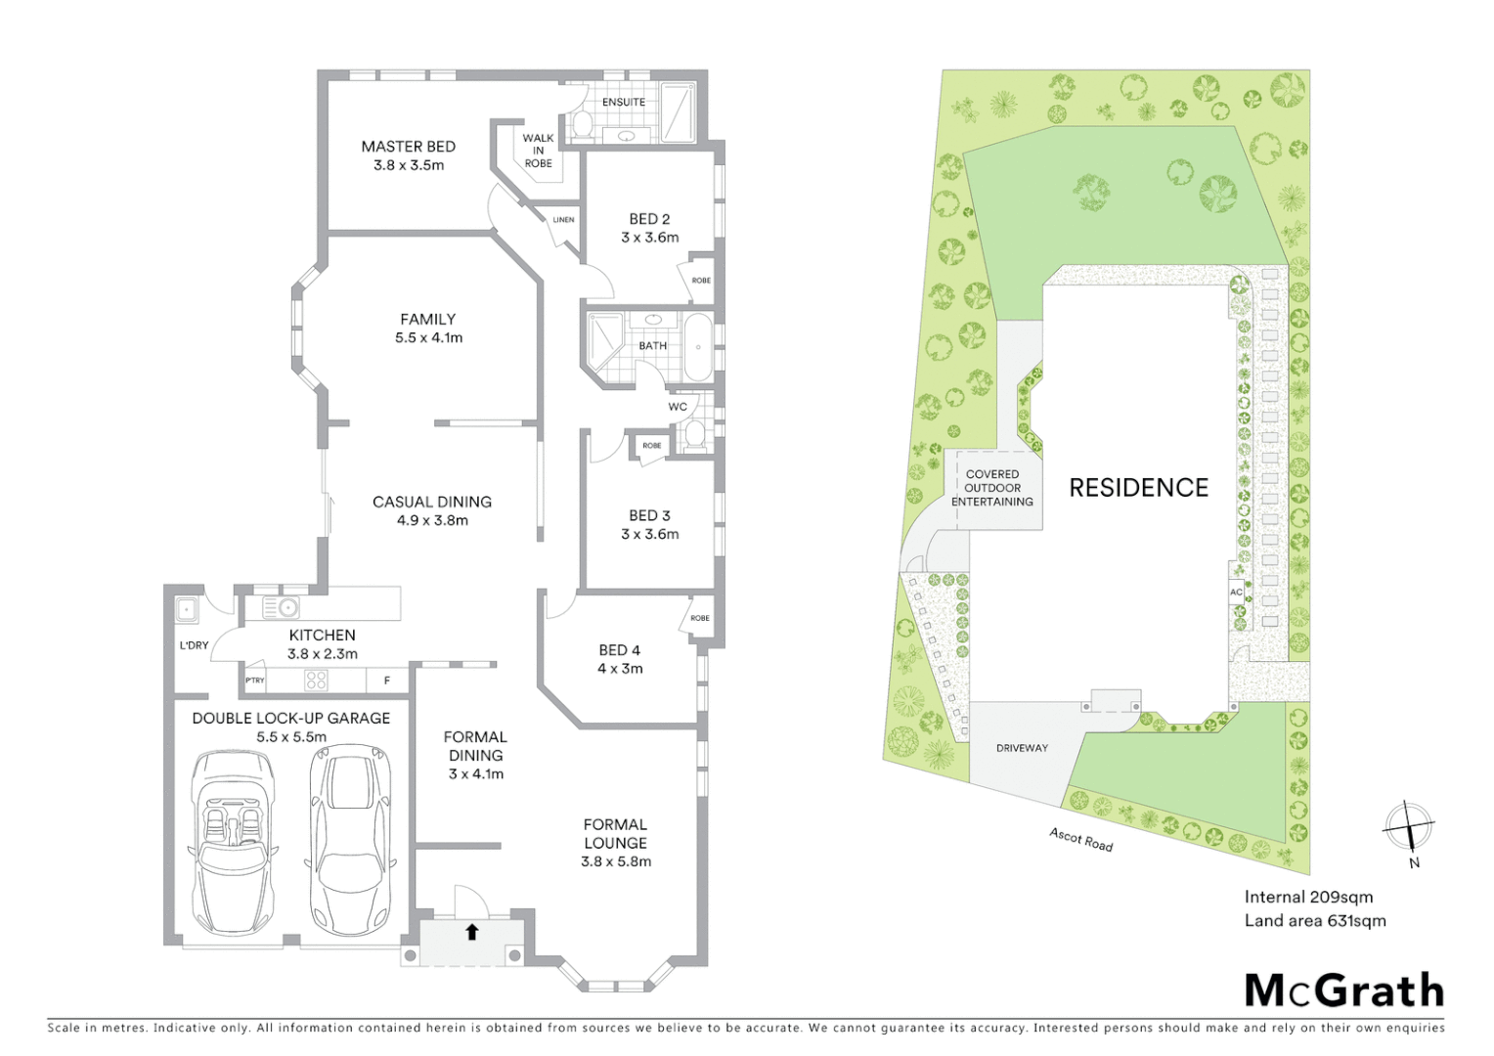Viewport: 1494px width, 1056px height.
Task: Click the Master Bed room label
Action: (408, 155)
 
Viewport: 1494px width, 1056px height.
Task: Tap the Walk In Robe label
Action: (538, 151)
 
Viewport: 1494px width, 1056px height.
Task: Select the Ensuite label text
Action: (623, 102)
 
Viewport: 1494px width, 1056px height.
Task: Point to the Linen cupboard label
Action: (563, 220)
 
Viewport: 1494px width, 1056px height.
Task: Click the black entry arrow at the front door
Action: (471, 932)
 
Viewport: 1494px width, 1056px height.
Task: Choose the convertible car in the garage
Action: (233, 841)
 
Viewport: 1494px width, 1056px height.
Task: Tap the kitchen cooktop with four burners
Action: (316, 680)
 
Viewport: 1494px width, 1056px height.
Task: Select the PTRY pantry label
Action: (254, 681)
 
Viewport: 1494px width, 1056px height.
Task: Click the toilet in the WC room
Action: (695, 434)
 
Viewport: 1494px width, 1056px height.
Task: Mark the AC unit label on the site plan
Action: (1236, 593)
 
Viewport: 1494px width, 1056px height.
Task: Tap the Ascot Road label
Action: (1080, 839)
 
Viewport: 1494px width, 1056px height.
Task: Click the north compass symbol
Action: (1408, 826)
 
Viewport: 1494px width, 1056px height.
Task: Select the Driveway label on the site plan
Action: (1022, 748)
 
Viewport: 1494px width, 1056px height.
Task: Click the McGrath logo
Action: (1343, 990)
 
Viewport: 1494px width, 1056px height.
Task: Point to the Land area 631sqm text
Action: (1314, 920)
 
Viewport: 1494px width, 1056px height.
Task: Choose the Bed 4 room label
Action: (620, 659)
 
